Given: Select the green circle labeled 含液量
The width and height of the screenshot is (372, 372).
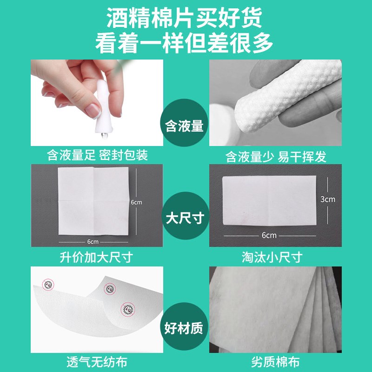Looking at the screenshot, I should click(x=185, y=126).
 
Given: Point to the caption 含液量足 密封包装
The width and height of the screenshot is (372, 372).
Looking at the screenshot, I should click(x=97, y=155).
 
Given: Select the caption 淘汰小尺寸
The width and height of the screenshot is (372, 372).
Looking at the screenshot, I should click(x=276, y=257).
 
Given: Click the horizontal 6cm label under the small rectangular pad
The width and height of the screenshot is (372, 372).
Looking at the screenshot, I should click(x=269, y=235).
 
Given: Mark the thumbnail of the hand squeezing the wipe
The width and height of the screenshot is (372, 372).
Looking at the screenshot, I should click(x=97, y=102).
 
